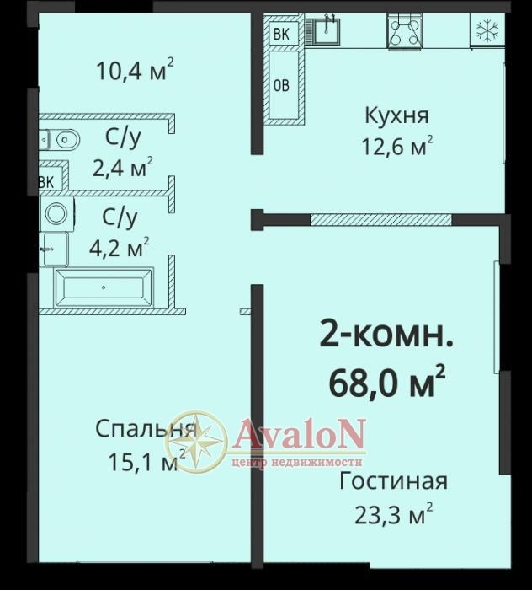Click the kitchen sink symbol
[x=327, y=30]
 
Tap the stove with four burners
[x=405, y=31]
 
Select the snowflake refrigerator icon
[x=487, y=30]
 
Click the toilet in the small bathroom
[x=60, y=141]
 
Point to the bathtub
[x=104, y=287]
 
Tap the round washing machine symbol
[x=57, y=213]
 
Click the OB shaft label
[x=281, y=86]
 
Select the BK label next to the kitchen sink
[x=281, y=35]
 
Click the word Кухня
[x=396, y=115]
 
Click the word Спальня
[x=146, y=429]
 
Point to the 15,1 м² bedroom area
[x=147, y=460]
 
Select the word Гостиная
[x=393, y=481]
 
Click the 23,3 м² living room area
[x=394, y=513]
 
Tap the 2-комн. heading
[x=386, y=334]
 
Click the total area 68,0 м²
[x=387, y=383]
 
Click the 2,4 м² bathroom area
[x=123, y=167]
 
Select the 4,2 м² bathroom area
[x=120, y=247]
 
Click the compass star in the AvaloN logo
[x=196, y=442]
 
